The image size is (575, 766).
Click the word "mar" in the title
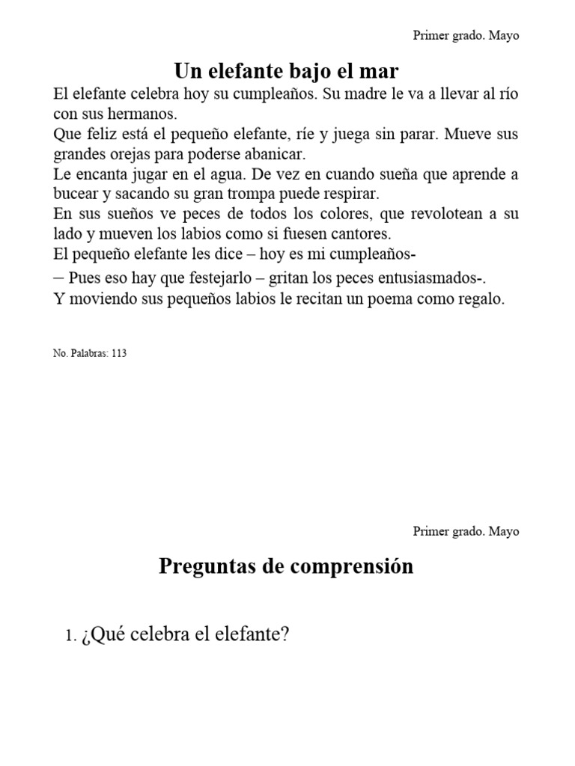click(x=380, y=72)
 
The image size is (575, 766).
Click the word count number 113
click(x=118, y=354)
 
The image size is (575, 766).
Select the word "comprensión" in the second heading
click(x=350, y=567)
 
